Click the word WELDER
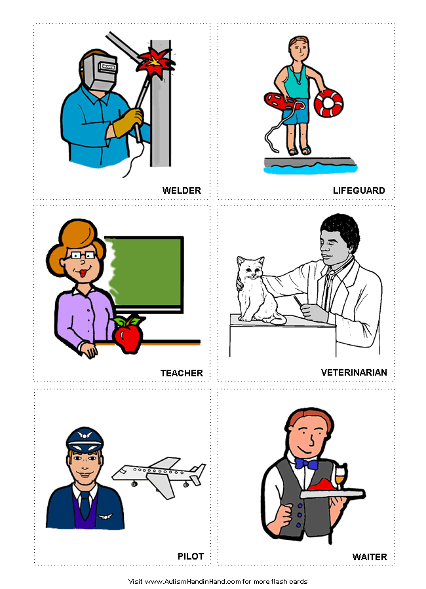(x=182, y=190)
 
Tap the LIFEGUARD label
(x=358, y=190)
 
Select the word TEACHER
(x=182, y=373)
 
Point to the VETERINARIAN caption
(x=354, y=372)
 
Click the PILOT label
(x=191, y=556)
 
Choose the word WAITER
(x=370, y=557)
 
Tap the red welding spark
(x=155, y=63)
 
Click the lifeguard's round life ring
(x=328, y=103)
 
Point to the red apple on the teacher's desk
(x=128, y=334)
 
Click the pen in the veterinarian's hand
(x=298, y=301)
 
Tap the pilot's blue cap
(x=85, y=440)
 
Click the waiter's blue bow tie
(x=306, y=464)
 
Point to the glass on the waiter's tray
(x=341, y=476)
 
